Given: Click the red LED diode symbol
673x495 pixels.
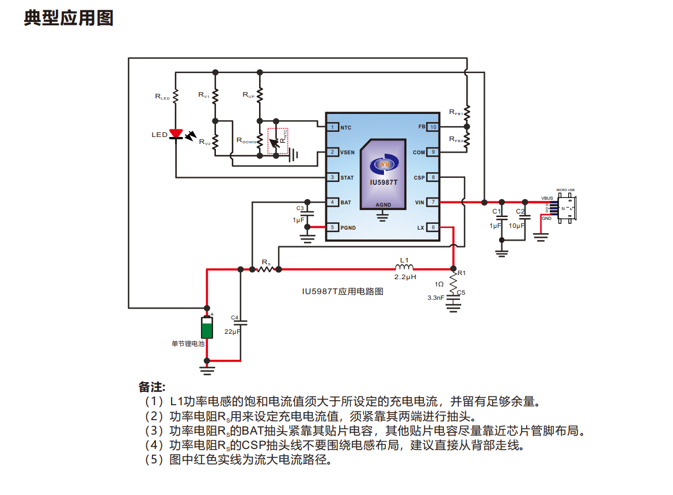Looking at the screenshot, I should [x=176, y=135].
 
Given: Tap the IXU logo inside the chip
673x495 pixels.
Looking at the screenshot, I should [x=383, y=163].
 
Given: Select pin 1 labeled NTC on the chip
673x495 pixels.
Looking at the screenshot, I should [x=332, y=127].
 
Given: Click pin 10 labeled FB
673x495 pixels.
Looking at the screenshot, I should [x=433, y=127].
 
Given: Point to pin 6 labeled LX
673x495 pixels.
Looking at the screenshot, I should [x=433, y=227].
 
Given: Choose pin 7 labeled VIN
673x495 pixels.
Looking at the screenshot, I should [x=433, y=202].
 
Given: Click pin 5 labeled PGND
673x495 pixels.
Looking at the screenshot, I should [x=332, y=227].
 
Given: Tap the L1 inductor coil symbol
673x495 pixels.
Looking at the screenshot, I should [x=404, y=268].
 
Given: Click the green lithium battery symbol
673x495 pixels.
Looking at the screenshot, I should [x=207, y=328].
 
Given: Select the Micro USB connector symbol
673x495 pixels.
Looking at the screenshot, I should [x=566, y=208].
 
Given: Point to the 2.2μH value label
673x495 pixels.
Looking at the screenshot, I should [x=405, y=277].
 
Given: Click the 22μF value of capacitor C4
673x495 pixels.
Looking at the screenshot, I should [x=233, y=332].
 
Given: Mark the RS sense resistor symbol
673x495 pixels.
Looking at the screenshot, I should [x=265, y=269].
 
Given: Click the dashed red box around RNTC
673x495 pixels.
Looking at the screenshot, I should [x=278, y=138].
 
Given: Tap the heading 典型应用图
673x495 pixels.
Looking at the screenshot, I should [x=69, y=18].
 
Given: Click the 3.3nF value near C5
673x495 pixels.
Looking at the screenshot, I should [x=436, y=298].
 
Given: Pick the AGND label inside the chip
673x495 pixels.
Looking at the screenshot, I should [x=383, y=205].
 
